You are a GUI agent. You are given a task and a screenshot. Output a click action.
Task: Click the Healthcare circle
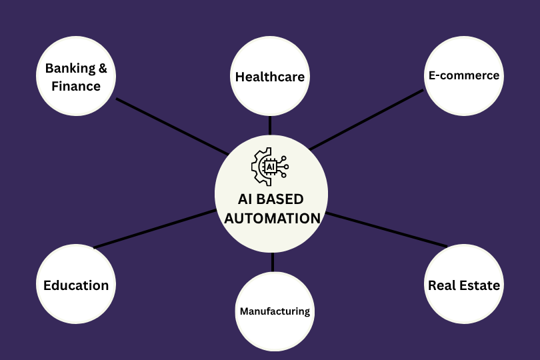coord(270,76)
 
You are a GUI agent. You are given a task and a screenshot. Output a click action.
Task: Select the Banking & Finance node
coord(75,76)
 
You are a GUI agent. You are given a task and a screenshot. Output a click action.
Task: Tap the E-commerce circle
coord(463,76)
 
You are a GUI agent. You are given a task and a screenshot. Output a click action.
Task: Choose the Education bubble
coord(75,285)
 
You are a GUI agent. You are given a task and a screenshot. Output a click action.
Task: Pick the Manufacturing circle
coord(274,311)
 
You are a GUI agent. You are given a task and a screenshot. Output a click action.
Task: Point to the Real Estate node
coord(463,285)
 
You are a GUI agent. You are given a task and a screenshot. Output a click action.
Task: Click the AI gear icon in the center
coord(269,166)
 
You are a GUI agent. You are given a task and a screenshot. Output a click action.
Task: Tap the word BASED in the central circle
coord(281,199)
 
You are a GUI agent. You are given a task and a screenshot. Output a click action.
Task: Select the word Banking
coord(70,68)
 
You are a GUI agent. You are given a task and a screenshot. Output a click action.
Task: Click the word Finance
coord(76,86)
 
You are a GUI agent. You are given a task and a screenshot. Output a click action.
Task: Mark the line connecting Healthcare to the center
coord(270,125)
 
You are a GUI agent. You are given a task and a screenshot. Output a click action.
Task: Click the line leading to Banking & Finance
coord(171,126)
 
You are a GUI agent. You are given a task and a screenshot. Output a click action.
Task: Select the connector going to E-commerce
coord(366,119)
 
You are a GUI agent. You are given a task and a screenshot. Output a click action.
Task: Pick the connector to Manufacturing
coord(273,263)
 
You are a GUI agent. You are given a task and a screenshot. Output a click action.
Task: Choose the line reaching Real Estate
coord(387,230)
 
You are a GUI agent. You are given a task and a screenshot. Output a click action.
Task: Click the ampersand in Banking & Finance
coord(103,68)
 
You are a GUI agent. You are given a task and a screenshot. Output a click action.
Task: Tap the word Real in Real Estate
coord(441,285)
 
